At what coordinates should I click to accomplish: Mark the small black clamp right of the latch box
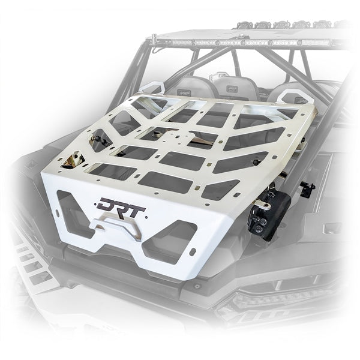click(308, 187)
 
